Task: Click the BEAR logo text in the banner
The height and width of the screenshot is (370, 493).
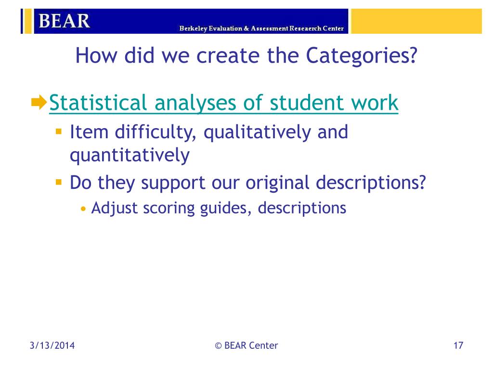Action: (x=64, y=21)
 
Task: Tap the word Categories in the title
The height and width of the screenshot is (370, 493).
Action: (x=362, y=56)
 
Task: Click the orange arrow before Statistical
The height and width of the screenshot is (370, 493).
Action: (x=39, y=102)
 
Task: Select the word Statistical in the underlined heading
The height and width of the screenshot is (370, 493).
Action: (x=98, y=103)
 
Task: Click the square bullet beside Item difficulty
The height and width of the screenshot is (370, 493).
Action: (x=58, y=131)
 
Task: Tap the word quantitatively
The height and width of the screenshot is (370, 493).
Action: (x=130, y=156)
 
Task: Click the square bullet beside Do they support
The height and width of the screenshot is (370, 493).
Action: (x=58, y=182)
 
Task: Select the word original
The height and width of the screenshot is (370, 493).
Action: (x=277, y=183)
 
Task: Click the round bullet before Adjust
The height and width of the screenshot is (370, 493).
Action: (x=83, y=209)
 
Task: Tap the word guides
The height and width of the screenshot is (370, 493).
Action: (x=226, y=208)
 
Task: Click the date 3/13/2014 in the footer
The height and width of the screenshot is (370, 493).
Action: (x=52, y=345)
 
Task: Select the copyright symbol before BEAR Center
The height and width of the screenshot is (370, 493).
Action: (x=218, y=346)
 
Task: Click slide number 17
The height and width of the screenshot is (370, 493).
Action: (x=458, y=345)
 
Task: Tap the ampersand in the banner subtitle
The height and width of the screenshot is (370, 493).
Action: (x=246, y=28)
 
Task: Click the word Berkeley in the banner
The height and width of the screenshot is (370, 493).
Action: (x=194, y=28)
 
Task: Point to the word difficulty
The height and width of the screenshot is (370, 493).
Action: (x=156, y=132)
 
